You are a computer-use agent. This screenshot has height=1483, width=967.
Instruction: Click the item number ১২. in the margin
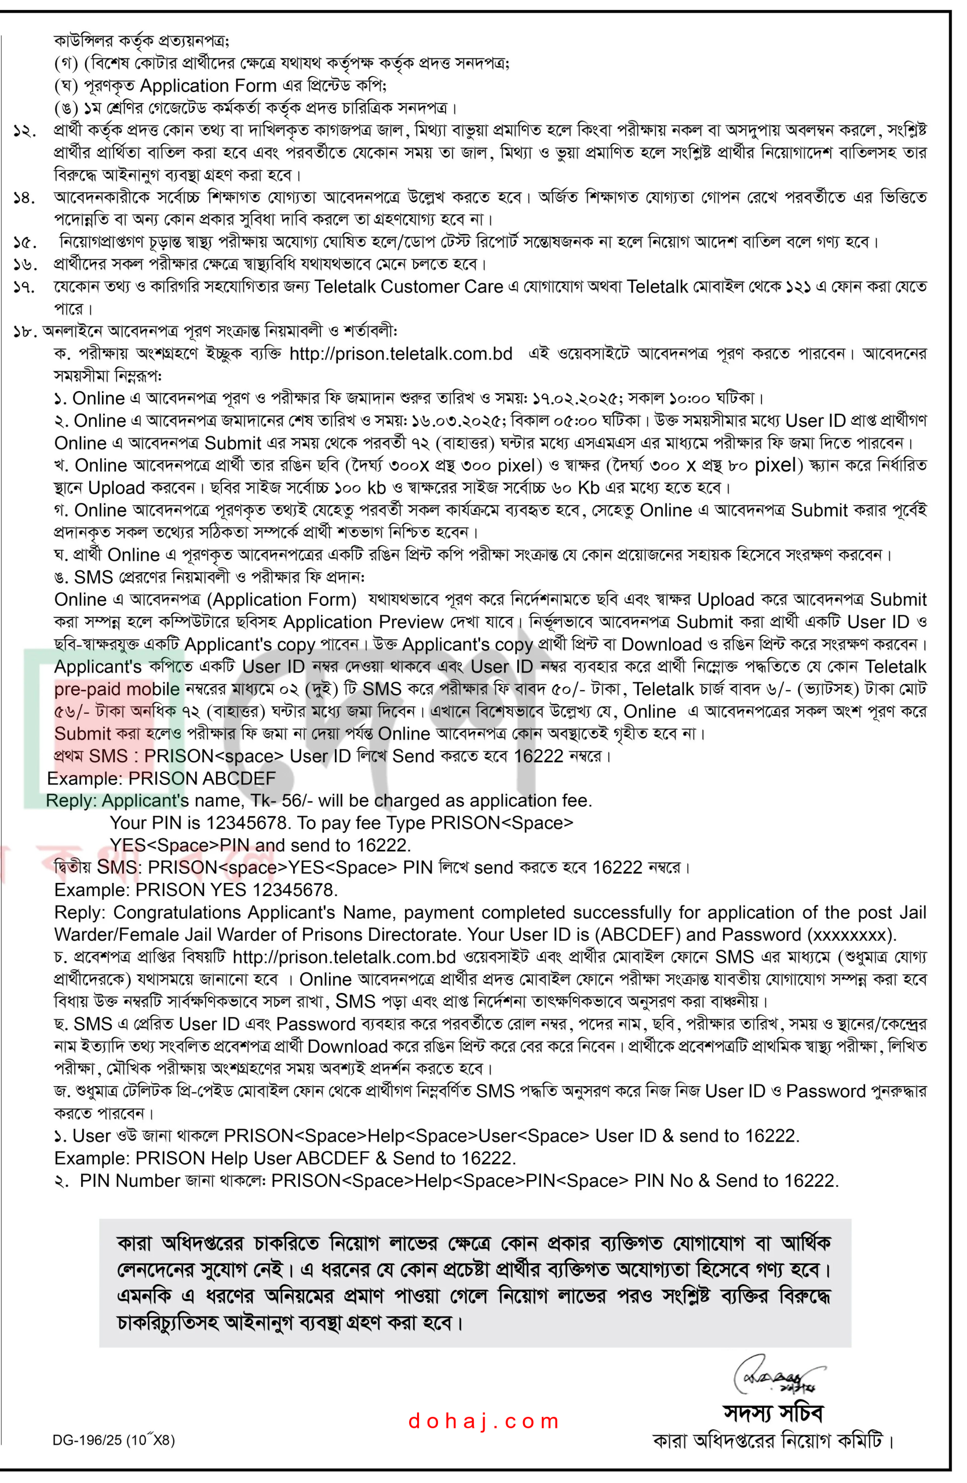pyautogui.click(x=25, y=131)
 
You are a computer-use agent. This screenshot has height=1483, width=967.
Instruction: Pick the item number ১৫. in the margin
pyautogui.click(x=25, y=242)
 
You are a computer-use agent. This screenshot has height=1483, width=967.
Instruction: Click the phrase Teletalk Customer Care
pyautogui.click(x=408, y=287)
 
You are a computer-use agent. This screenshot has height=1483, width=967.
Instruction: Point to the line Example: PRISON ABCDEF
pyautogui.click(x=160, y=778)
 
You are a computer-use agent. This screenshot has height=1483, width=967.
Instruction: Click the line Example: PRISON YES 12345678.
pyautogui.click(x=196, y=890)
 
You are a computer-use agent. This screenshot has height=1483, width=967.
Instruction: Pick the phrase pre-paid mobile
pyautogui.click(x=116, y=689)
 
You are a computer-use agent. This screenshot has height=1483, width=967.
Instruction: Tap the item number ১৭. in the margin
pyautogui.click(x=25, y=287)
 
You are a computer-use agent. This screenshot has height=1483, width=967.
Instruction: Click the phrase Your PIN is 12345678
pyautogui.click(x=200, y=823)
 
